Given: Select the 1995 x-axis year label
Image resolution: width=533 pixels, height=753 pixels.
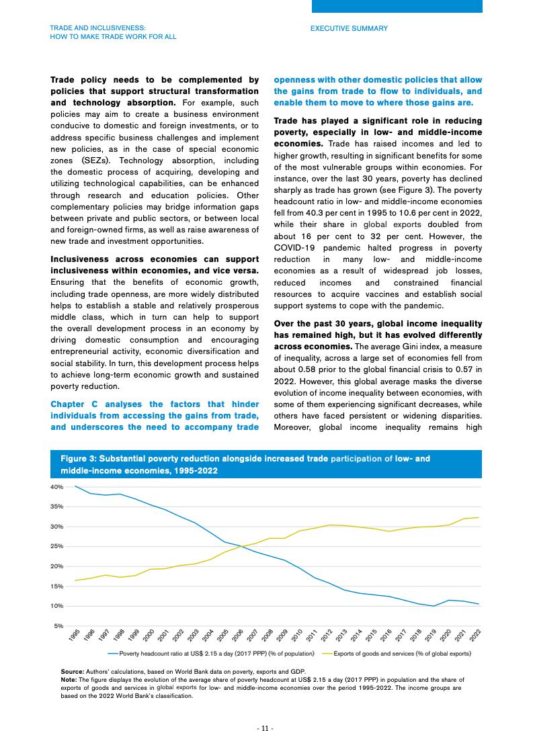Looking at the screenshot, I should coord(75,635).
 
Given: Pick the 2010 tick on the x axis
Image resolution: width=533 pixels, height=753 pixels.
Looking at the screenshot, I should coord(297,635).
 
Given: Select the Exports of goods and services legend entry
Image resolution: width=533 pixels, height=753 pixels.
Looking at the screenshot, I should coord(402,653).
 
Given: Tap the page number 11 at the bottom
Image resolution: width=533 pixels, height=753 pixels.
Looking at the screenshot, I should coord(266,729).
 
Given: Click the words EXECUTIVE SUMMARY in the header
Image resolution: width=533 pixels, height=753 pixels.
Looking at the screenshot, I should coord(349,29).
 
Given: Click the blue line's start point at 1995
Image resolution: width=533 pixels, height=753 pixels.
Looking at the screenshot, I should coord(75,486).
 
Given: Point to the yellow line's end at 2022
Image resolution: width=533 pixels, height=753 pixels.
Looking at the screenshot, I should coord(478,517).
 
